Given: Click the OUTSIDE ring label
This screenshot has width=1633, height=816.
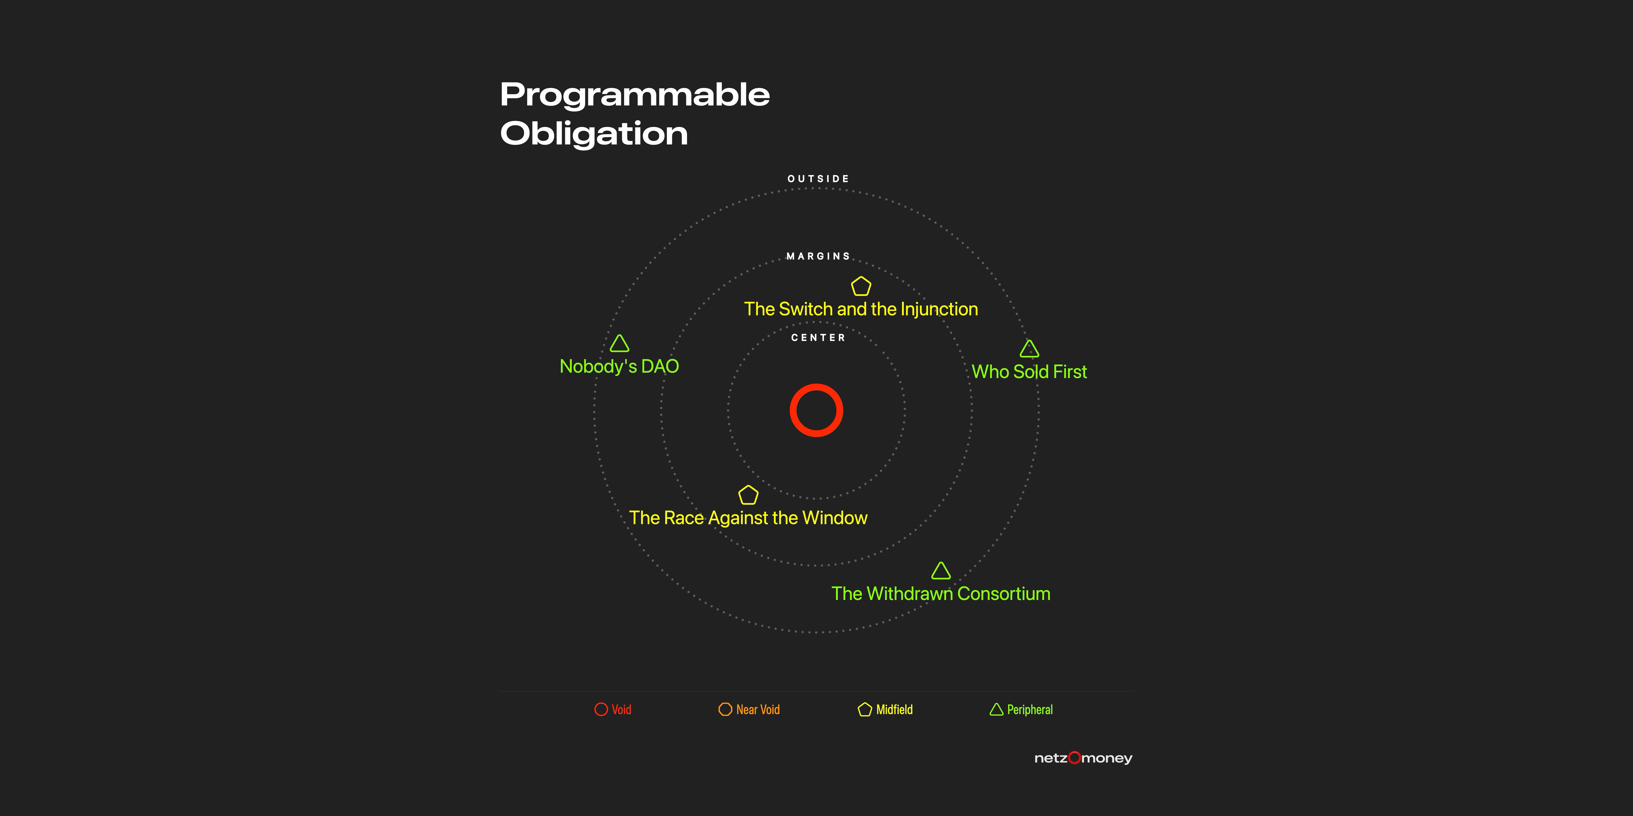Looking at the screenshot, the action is coord(818,179).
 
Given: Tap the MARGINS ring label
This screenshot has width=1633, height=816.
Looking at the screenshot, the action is coord(818,256).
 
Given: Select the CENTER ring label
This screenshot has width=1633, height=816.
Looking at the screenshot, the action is coord(818,338).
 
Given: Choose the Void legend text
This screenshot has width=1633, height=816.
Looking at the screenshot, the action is coord(621,709).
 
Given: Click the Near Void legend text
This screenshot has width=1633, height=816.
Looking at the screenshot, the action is coord(758,709).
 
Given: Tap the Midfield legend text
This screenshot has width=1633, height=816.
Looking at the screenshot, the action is coord(895,709).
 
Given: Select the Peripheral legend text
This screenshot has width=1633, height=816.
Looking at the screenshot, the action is coord(1029,709).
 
